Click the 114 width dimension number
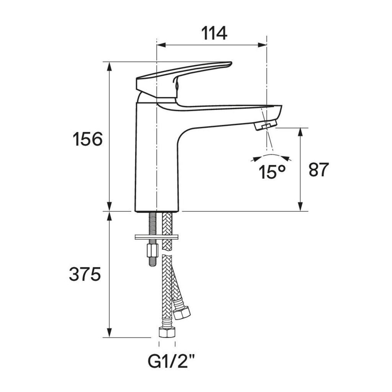tap(214, 33)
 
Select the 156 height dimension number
tap(88, 139)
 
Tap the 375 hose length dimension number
tap(85, 274)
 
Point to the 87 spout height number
tap(318, 170)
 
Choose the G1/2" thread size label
tap(171, 361)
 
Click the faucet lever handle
tap(184, 80)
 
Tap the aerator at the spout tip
tap(266, 124)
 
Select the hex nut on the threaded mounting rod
tap(152, 250)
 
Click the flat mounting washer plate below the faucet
tap(157, 237)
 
